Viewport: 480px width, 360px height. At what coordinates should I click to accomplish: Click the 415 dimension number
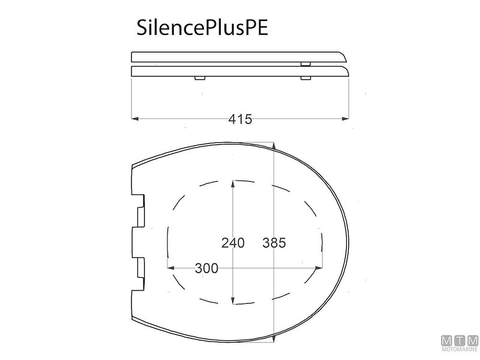click(x=240, y=119)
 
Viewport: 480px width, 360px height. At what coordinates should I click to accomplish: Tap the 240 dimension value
click(x=232, y=243)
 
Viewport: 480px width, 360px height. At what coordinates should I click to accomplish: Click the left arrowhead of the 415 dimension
click(x=135, y=119)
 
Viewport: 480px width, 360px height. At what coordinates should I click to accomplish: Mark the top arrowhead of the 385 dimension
click(x=274, y=146)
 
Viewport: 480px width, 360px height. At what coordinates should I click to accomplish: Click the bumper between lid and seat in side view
click(x=305, y=63)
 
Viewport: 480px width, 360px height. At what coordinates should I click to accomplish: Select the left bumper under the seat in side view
click(x=199, y=78)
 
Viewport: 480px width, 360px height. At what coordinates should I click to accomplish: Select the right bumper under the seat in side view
click(x=305, y=78)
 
